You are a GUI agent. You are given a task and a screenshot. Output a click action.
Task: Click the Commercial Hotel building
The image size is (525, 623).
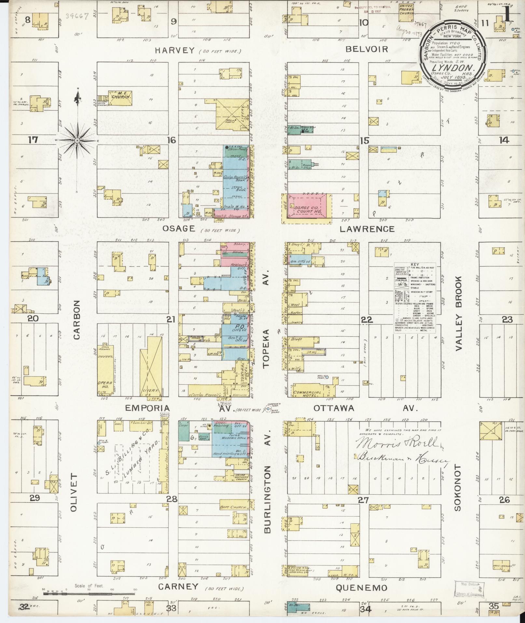308,392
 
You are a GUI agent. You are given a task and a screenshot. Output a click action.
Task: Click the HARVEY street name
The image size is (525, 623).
175,50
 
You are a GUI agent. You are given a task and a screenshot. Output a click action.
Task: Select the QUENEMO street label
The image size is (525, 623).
361,588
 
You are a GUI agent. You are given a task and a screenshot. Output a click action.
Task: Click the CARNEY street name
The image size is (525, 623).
178,587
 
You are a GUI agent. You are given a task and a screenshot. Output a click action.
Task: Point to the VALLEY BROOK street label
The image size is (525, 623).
459,314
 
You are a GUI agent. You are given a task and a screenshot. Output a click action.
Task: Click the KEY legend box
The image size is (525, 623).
415,298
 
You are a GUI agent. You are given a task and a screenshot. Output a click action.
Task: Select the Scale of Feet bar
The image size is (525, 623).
89,593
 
